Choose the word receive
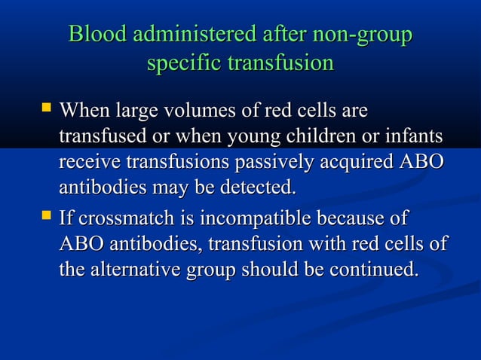90,163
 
